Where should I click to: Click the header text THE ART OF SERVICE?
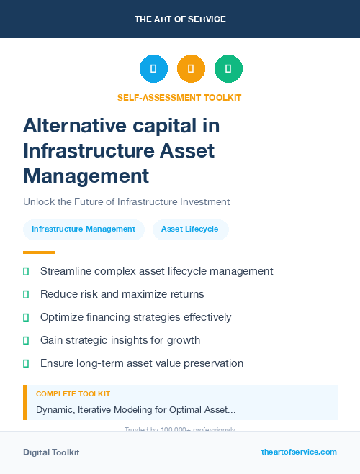180,19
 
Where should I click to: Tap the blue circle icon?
153,69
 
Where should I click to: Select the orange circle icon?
191,69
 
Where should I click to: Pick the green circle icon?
228,69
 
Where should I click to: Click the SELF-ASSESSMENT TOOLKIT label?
179,97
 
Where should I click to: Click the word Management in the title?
86,175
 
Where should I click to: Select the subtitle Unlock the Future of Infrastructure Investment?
126,201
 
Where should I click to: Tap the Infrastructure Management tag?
84,229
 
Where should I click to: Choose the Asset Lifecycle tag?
190,229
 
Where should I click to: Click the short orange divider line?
39,252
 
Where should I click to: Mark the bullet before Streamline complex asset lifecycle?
26,271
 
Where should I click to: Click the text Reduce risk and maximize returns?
122,294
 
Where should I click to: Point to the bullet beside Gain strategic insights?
26,340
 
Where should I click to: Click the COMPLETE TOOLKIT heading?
73,394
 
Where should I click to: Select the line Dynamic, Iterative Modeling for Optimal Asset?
135,409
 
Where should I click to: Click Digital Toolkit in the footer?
51,452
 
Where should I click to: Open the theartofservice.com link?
299,452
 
